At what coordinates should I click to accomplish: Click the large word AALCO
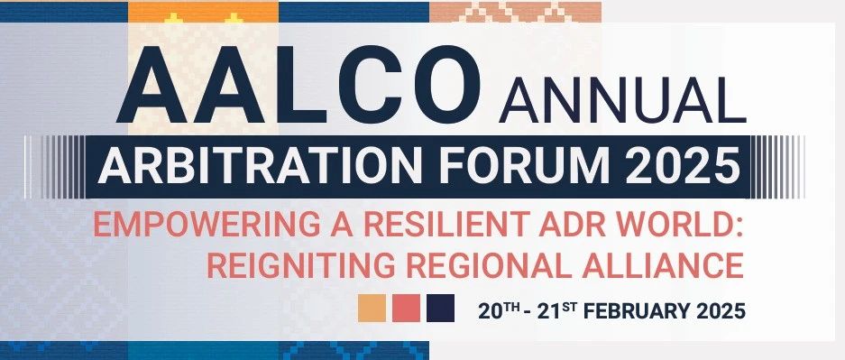[x=298, y=85]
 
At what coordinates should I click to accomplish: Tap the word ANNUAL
[x=622, y=100]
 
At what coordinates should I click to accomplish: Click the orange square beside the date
[x=372, y=308]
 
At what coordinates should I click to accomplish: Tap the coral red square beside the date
[x=407, y=308]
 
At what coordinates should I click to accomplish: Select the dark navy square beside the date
[x=440, y=308]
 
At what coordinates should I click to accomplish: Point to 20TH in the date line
[x=499, y=311]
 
